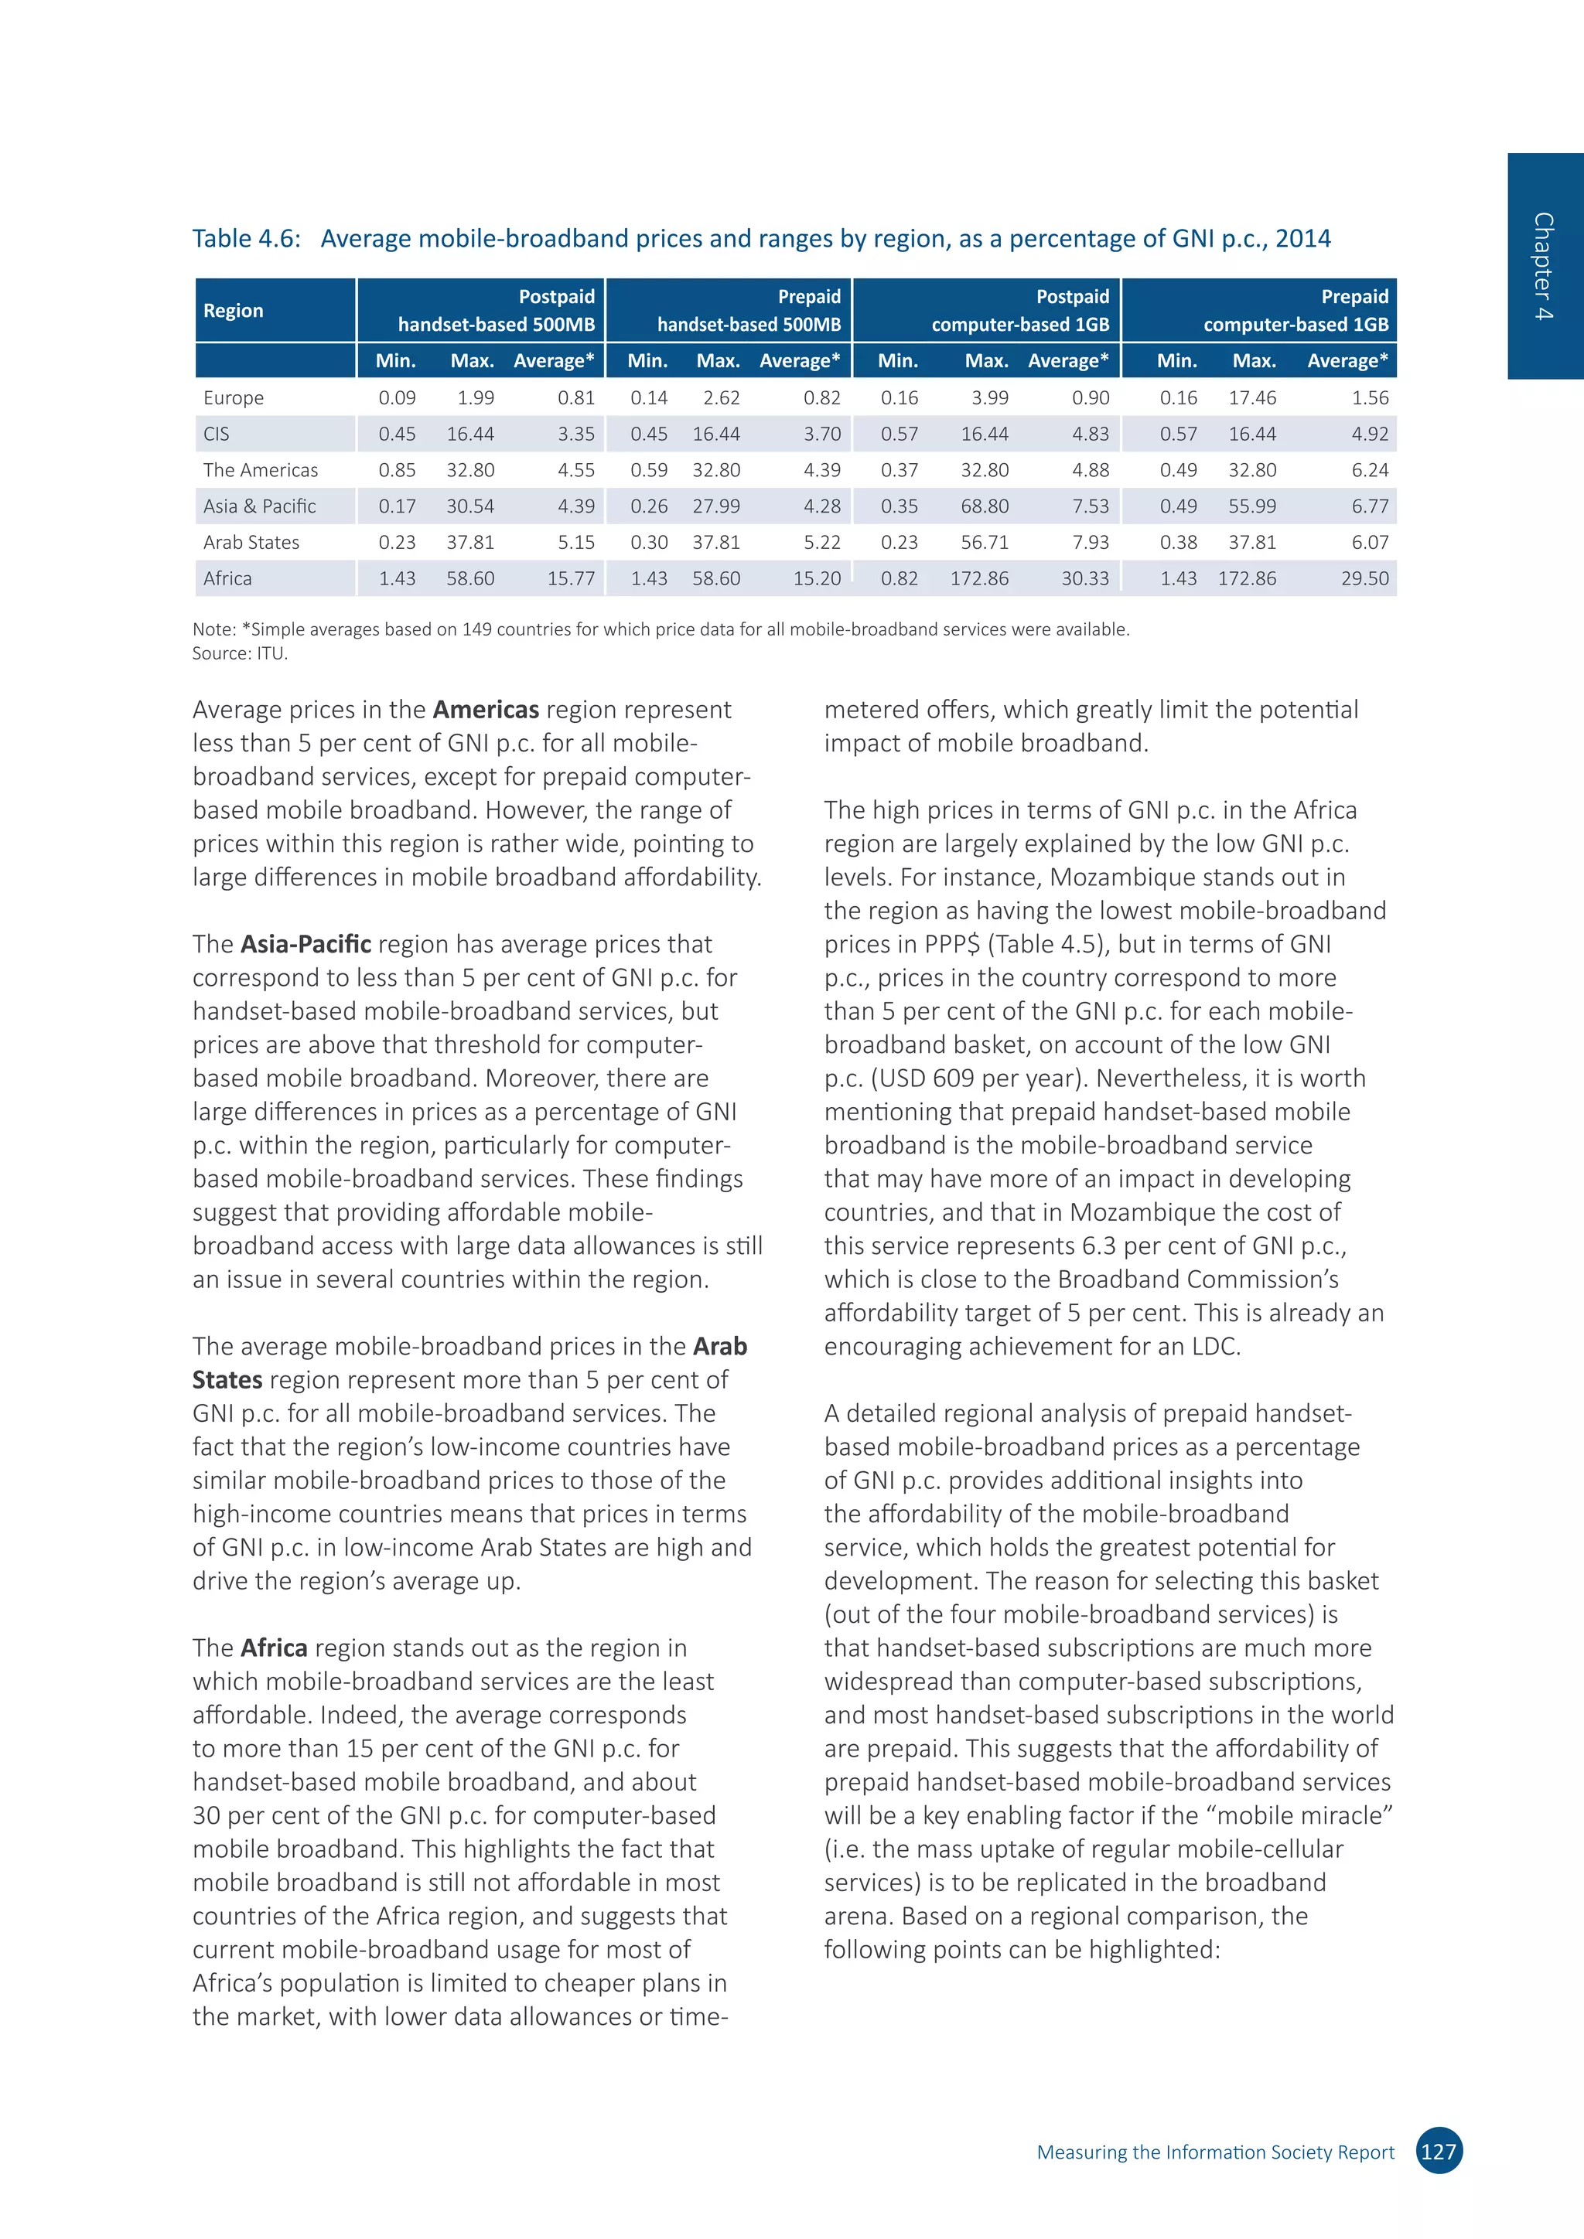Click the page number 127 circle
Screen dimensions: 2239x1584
[x=1438, y=2151]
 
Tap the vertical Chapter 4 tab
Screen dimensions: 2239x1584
[x=1544, y=265]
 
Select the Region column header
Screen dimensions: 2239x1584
[x=233, y=310]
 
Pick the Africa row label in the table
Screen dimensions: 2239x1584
[x=227, y=578]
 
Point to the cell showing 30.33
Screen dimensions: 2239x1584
[x=1084, y=578]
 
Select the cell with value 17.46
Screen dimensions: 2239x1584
[x=1251, y=398]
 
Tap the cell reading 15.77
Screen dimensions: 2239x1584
[x=571, y=578]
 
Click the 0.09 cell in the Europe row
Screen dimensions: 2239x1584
[x=397, y=398]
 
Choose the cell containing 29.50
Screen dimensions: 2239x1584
[x=1364, y=578]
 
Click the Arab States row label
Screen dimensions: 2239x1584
[x=251, y=542]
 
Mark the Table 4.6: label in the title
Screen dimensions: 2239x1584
[x=246, y=239]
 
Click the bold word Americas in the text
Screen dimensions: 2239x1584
[x=486, y=710]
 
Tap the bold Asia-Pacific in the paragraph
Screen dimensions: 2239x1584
[x=306, y=944]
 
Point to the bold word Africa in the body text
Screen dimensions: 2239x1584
[x=274, y=1648]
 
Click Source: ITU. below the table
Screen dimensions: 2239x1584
[x=240, y=653]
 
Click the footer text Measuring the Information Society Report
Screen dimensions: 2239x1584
[x=1214, y=2152]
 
